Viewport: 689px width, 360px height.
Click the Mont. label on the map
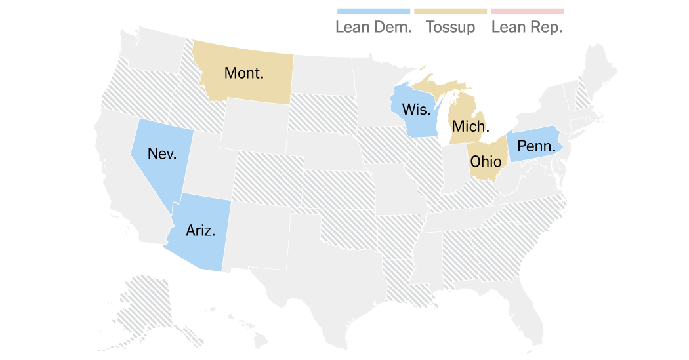[x=244, y=73]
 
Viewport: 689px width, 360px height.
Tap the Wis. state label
[x=416, y=108]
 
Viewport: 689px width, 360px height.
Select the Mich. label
[x=469, y=127]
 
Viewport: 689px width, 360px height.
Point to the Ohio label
[x=486, y=161]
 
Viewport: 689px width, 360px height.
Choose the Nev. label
[x=161, y=153]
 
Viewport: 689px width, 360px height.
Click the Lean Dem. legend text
[x=373, y=28]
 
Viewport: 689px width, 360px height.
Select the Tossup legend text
[x=450, y=28]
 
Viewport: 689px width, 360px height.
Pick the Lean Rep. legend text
[x=527, y=28]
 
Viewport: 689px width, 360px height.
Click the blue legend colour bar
[x=373, y=11]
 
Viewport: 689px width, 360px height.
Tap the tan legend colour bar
[x=450, y=11]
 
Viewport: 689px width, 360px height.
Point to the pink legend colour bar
[x=527, y=11]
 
